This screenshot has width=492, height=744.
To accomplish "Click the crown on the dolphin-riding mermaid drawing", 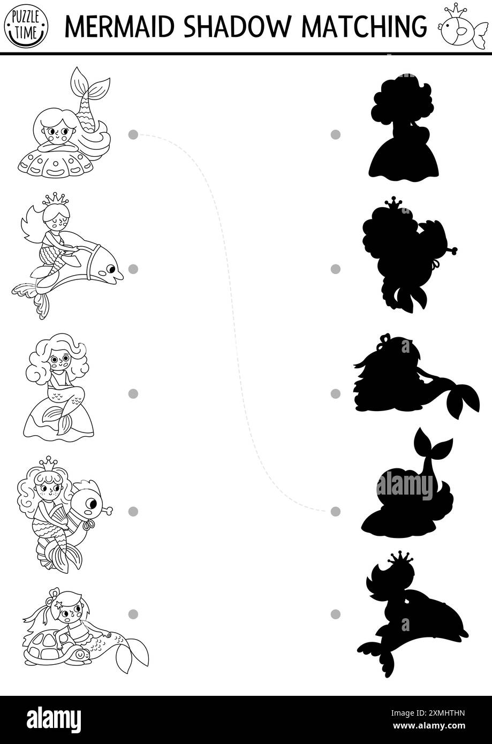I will pyautogui.click(x=56, y=199).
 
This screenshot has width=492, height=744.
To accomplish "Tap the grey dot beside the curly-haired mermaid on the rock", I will pyautogui.click(x=133, y=393).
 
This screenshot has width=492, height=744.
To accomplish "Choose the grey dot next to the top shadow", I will pyautogui.click(x=336, y=134).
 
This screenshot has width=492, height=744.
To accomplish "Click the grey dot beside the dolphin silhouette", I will pyautogui.click(x=336, y=614).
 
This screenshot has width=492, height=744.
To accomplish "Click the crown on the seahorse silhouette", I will pyautogui.click(x=393, y=202).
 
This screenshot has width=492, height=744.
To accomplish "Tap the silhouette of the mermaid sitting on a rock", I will pyautogui.click(x=404, y=128).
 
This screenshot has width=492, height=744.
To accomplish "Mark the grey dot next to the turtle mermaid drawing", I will pyautogui.click(x=133, y=614).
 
